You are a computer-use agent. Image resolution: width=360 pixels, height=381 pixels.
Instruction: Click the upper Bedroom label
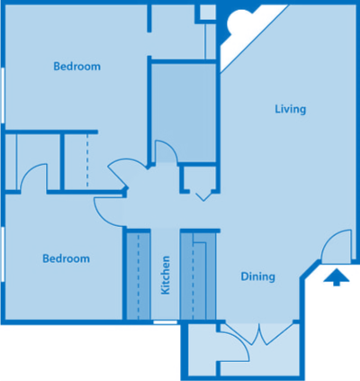click(x=76, y=66)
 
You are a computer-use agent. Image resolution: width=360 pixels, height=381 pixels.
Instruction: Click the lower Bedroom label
click(x=67, y=259)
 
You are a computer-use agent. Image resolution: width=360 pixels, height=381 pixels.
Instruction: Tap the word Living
click(x=291, y=110)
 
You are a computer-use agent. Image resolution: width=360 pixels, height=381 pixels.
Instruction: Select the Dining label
click(x=257, y=277)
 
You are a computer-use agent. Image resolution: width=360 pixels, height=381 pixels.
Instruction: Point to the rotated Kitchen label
click(x=166, y=276)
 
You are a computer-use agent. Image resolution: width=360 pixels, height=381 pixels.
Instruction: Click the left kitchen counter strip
click(x=138, y=276)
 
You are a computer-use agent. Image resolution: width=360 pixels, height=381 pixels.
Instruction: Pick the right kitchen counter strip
click(x=194, y=276)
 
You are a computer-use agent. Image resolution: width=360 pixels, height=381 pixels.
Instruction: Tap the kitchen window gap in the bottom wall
click(x=166, y=322)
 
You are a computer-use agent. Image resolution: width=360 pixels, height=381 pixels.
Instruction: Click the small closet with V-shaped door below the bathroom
click(x=199, y=183)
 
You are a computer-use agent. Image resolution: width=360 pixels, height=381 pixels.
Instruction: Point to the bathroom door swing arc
click(x=167, y=151)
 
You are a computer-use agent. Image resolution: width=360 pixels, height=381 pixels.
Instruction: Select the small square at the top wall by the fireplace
click(x=206, y=12)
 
